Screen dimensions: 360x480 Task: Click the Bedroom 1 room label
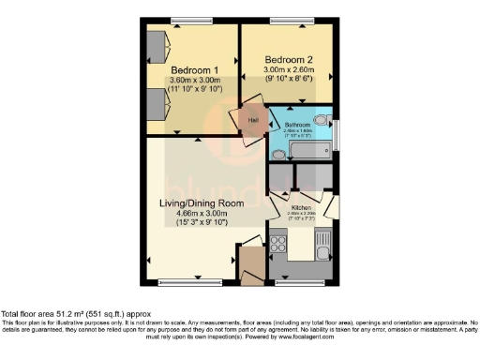[196, 69]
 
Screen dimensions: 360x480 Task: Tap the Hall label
[253, 120]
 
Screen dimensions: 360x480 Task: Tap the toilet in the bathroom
[321, 122]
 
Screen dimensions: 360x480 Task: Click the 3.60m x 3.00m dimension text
[196, 81]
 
